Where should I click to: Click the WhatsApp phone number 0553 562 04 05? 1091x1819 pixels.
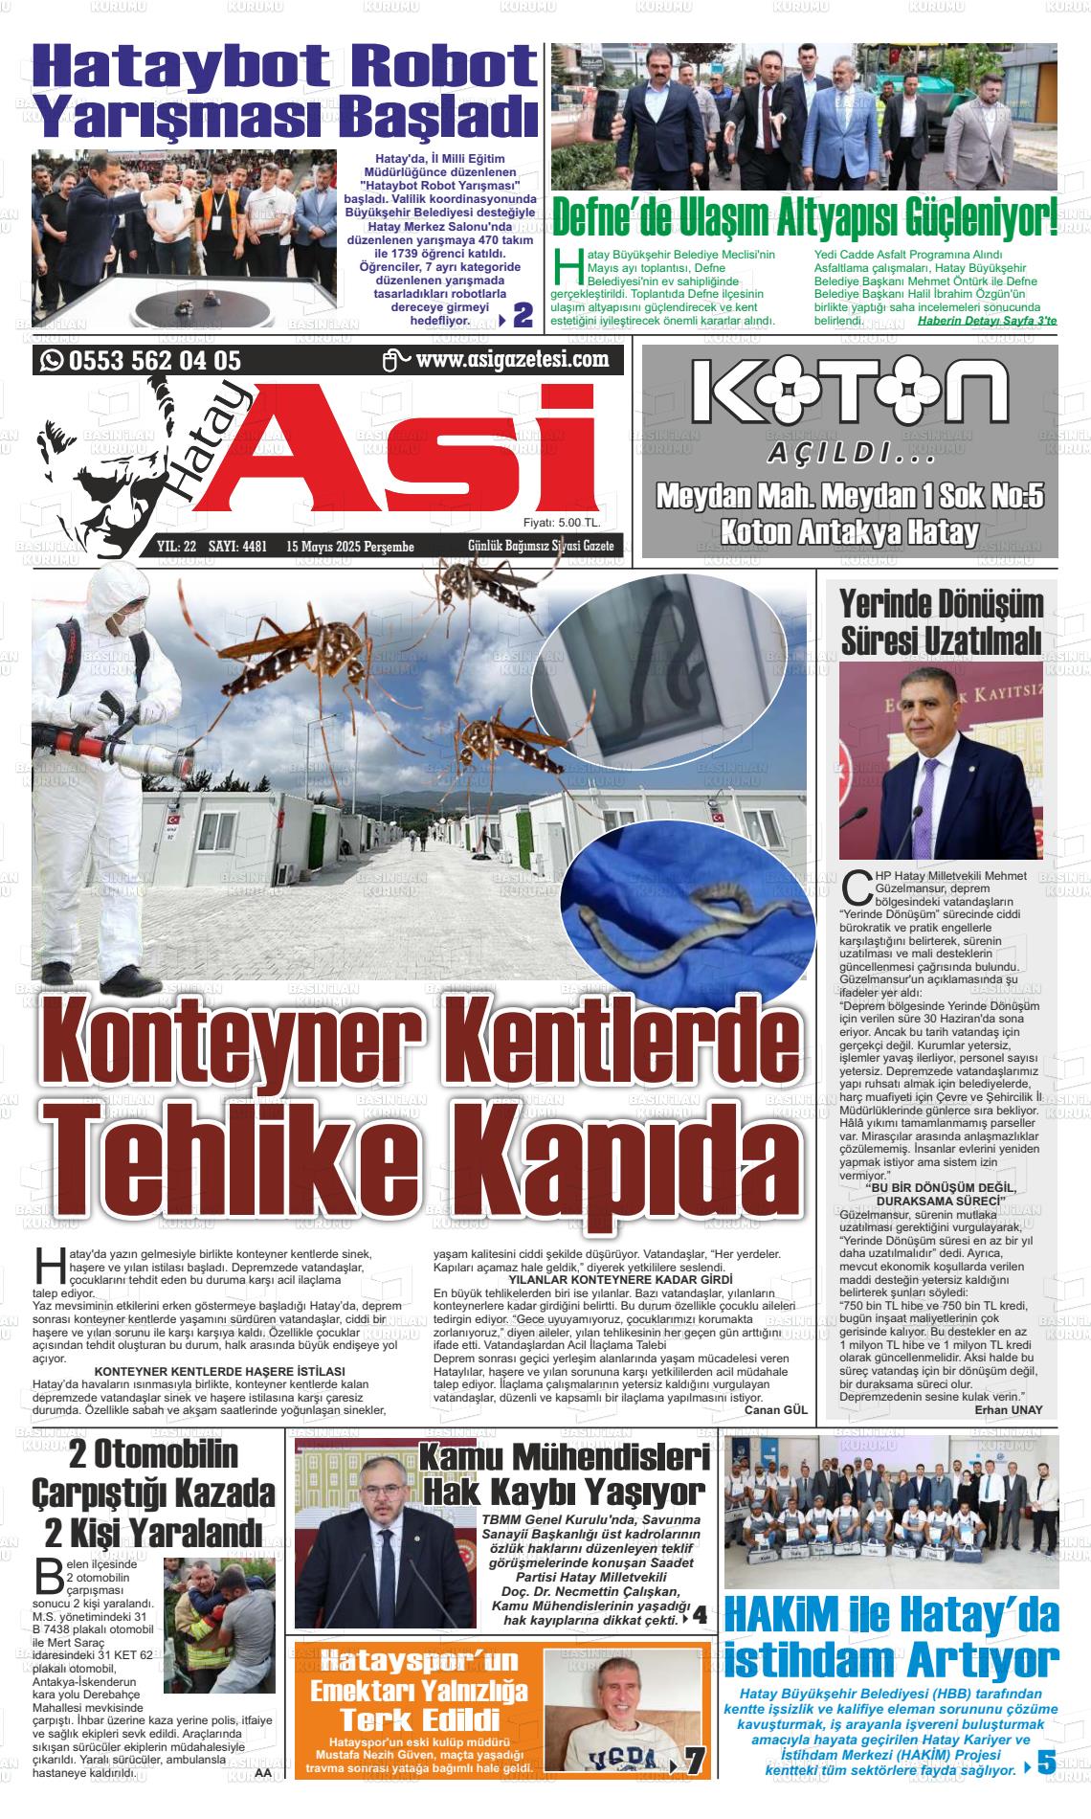(x=153, y=361)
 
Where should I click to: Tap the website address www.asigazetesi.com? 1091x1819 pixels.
(x=513, y=360)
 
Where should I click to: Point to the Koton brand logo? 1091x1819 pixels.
(x=850, y=391)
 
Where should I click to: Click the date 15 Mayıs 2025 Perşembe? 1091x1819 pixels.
(x=350, y=547)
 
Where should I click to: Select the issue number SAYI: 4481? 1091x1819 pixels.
(x=237, y=547)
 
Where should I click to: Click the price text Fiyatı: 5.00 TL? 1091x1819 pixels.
(x=562, y=523)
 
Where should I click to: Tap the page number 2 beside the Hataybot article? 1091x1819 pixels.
(x=523, y=315)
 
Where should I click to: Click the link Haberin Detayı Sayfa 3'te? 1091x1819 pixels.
(x=986, y=321)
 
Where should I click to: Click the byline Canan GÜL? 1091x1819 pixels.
(x=776, y=1409)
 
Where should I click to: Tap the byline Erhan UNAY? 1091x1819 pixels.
(x=1009, y=1409)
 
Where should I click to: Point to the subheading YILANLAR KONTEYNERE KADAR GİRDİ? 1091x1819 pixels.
(x=620, y=1279)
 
